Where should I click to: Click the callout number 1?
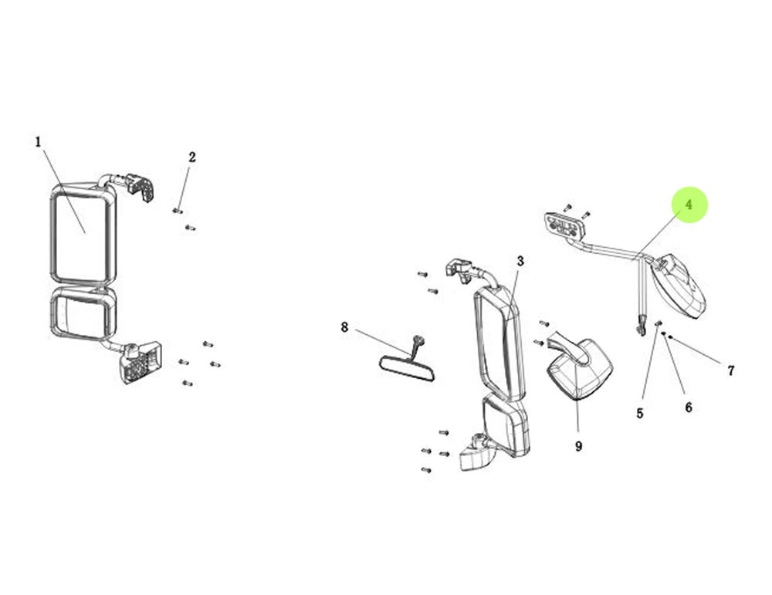coord(38,142)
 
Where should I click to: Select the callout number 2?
coord(192,157)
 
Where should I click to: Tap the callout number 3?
coord(520,262)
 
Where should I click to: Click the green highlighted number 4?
coord(689,205)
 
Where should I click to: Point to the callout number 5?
coord(639,414)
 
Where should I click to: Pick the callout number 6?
coord(689,407)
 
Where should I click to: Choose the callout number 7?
coord(731,370)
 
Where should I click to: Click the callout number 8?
coord(344,327)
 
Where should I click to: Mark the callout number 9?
coord(578,446)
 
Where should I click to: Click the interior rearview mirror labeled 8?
coord(407,369)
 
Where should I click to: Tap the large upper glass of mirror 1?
coord(81,237)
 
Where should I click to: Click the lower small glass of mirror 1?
coord(83,314)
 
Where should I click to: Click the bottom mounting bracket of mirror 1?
coord(141,363)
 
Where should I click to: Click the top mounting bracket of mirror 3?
coord(458,269)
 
